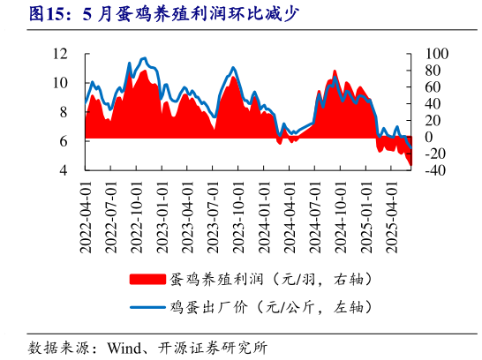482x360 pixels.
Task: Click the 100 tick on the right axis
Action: [x=438, y=54]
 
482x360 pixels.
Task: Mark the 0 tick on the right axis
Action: [x=430, y=137]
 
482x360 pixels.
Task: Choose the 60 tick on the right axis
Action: [x=433, y=86]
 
